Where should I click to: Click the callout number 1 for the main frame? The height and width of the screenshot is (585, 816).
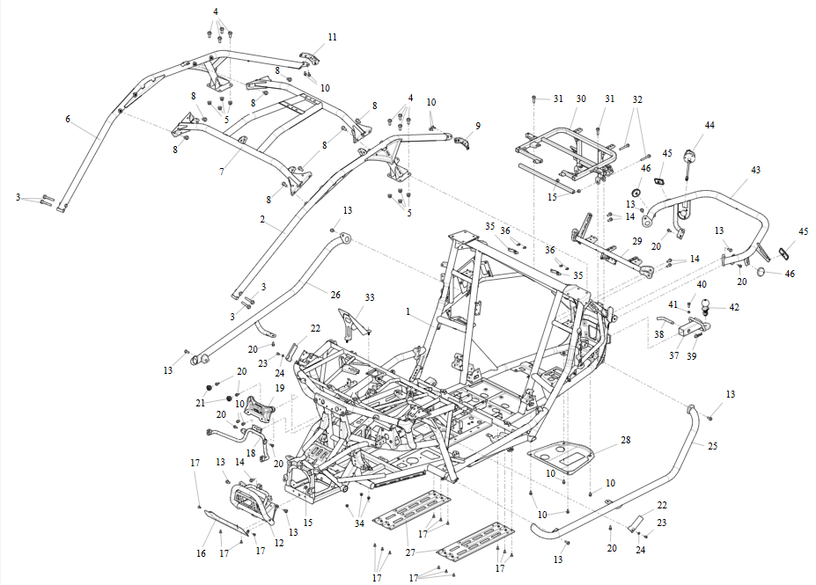[x=408, y=311]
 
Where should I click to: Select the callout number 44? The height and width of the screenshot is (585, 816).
[x=709, y=125]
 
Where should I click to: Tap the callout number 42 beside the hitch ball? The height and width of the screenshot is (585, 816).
[x=734, y=307]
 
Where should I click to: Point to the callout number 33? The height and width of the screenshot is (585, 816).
[x=370, y=297]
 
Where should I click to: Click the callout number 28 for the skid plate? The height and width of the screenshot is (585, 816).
[x=626, y=440]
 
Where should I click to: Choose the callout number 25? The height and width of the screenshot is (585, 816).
[x=712, y=446]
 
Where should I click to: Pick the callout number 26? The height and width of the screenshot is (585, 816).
[x=335, y=295]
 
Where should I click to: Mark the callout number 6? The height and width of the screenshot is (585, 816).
[x=68, y=119]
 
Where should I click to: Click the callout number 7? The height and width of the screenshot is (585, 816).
[x=222, y=171]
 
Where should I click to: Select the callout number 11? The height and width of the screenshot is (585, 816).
[x=332, y=37]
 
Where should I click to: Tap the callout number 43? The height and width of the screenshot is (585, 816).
[x=755, y=170]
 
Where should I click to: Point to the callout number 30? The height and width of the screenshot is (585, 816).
[x=581, y=99]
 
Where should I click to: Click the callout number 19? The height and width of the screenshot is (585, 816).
[x=279, y=388]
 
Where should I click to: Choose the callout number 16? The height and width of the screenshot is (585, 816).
[x=201, y=553]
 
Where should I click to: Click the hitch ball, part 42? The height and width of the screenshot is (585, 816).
[x=705, y=305]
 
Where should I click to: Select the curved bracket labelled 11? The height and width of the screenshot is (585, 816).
[x=309, y=58]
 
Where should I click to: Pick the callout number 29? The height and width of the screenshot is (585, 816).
[x=637, y=241]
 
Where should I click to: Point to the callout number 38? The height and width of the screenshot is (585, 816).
[x=658, y=334]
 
